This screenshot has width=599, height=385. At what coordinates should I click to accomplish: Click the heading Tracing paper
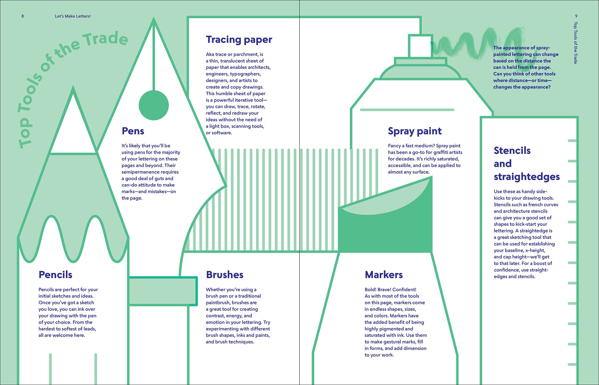(239, 40)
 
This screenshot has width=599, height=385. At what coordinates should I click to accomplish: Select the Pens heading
(133, 131)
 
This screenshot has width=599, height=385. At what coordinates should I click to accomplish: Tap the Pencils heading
(55, 275)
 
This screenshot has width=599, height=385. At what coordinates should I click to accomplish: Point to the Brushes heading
(225, 275)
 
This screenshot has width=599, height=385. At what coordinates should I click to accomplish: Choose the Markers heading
(384, 275)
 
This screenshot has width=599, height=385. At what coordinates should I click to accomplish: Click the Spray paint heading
(415, 131)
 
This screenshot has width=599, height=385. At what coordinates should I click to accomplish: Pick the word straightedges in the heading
(526, 177)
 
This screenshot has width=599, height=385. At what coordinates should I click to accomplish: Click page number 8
(23, 16)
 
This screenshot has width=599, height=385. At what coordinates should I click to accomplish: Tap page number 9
(576, 16)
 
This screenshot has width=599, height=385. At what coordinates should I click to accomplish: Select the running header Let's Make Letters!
(73, 16)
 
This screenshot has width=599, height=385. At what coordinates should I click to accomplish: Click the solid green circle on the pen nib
(154, 105)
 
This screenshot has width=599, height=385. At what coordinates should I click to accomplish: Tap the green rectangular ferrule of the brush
(163, 291)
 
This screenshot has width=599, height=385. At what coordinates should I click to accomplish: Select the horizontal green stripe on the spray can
(407, 110)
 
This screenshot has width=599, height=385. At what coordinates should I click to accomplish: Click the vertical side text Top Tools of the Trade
(576, 43)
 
